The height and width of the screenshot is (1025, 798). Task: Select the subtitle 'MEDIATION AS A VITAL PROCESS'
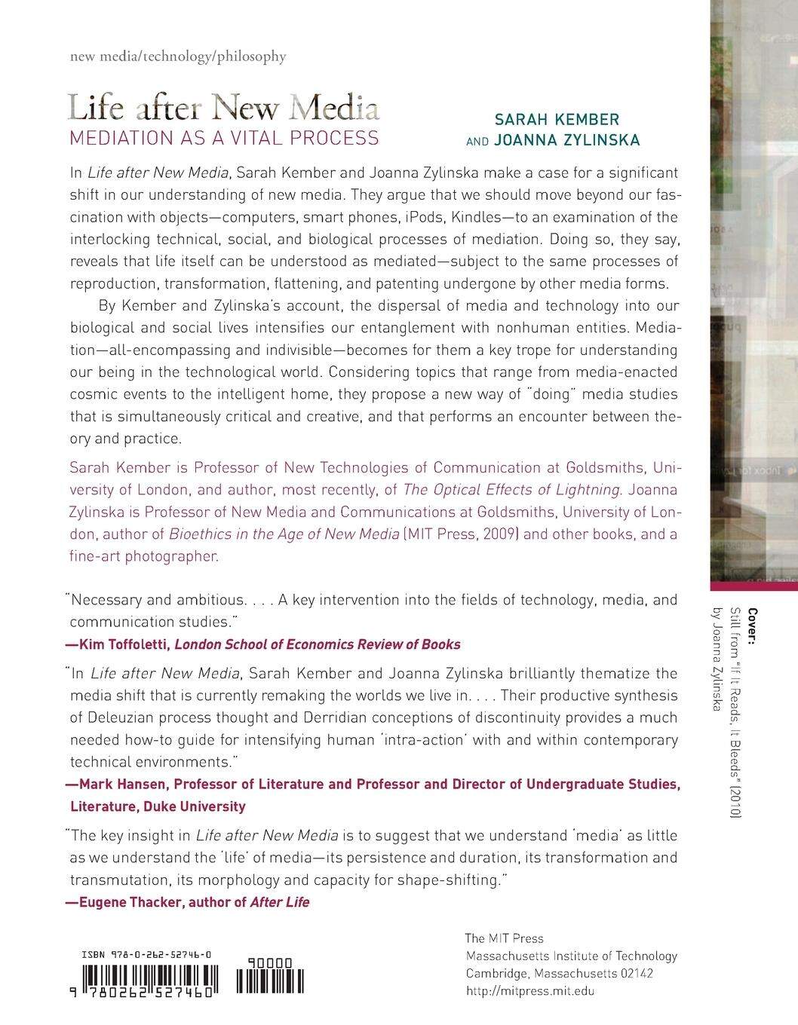pyautogui.click(x=223, y=138)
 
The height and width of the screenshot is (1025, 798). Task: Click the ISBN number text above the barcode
pyautogui.click(x=146, y=955)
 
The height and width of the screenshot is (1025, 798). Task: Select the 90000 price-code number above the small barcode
pyautogui.click(x=269, y=963)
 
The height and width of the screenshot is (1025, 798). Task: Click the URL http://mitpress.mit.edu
pyautogui.click(x=529, y=991)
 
